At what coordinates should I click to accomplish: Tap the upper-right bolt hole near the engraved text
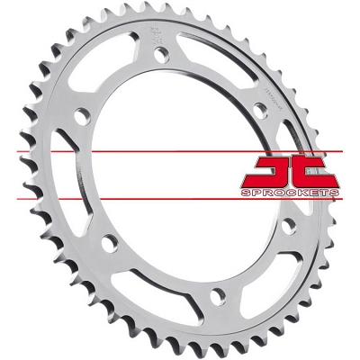(x=260, y=107)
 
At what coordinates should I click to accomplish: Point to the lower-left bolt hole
(x=108, y=241)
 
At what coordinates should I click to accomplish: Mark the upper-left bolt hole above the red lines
(x=82, y=115)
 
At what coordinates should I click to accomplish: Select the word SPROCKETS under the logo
(x=289, y=193)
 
